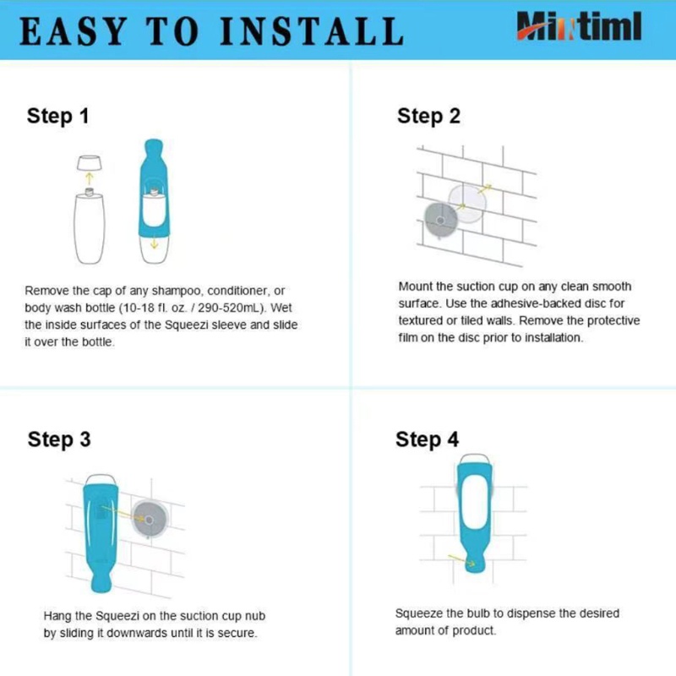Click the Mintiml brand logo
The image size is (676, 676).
pyautogui.click(x=579, y=26)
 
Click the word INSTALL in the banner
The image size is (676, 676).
pyautogui.click(x=312, y=31)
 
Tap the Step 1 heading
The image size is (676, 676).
pyautogui.click(x=57, y=117)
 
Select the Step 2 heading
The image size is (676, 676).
pyautogui.click(x=428, y=117)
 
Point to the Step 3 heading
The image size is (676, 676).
pyautogui.click(x=59, y=439)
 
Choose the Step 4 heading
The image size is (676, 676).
pyautogui.click(x=428, y=439)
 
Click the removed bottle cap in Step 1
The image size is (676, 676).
pyautogui.click(x=90, y=162)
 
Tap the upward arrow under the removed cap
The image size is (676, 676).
pyautogui.click(x=90, y=178)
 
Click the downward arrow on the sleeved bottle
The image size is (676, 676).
pyautogui.click(x=154, y=244)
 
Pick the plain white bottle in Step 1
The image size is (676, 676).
pyautogui.click(x=90, y=226)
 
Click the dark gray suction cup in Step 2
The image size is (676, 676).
pyautogui.click(x=440, y=221)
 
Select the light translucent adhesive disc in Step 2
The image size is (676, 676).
pyautogui.click(x=467, y=203)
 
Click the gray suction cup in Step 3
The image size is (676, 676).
pyautogui.click(x=150, y=520)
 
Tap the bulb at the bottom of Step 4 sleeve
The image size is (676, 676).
pyautogui.click(x=475, y=563)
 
